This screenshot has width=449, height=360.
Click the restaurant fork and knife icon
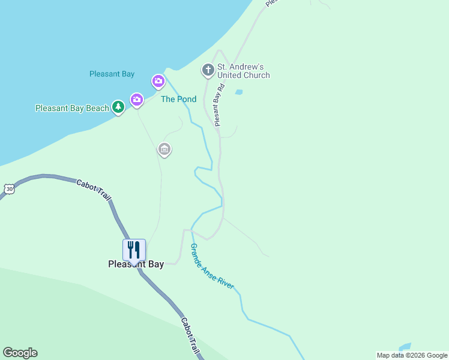click(x=134, y=250)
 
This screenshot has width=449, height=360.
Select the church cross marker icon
click(x=208, y=70)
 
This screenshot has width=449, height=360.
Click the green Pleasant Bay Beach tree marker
click(x=118, y=107)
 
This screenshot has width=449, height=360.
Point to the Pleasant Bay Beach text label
click(x=72, y=108)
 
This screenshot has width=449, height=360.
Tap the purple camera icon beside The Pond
click(x=158, y=80)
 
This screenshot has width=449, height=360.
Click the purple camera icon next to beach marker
click(x=137, y=100)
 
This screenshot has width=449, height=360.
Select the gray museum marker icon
click(x=164, y=149)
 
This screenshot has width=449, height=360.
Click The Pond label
click(x=178, y=99)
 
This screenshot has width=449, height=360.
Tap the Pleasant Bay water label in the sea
click(x=112, y=74)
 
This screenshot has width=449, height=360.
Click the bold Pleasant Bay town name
click(x=136, y=264)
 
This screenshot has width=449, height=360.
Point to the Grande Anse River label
click(x=211, y=266)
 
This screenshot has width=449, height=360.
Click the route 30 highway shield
click(x=8, y=188)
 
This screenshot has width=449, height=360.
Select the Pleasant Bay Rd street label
click(x=220, y=104)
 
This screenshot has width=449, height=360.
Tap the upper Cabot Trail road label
click(x=94, y=190)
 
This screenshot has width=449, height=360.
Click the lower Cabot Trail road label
click(x=190, y=336)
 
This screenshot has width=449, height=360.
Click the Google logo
click(x=20, y=353)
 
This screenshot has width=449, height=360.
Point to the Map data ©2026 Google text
click(x=412, y=355)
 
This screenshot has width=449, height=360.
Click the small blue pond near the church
click(x=239, y=92)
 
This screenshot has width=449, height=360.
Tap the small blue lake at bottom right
click(x=404, y=347)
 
